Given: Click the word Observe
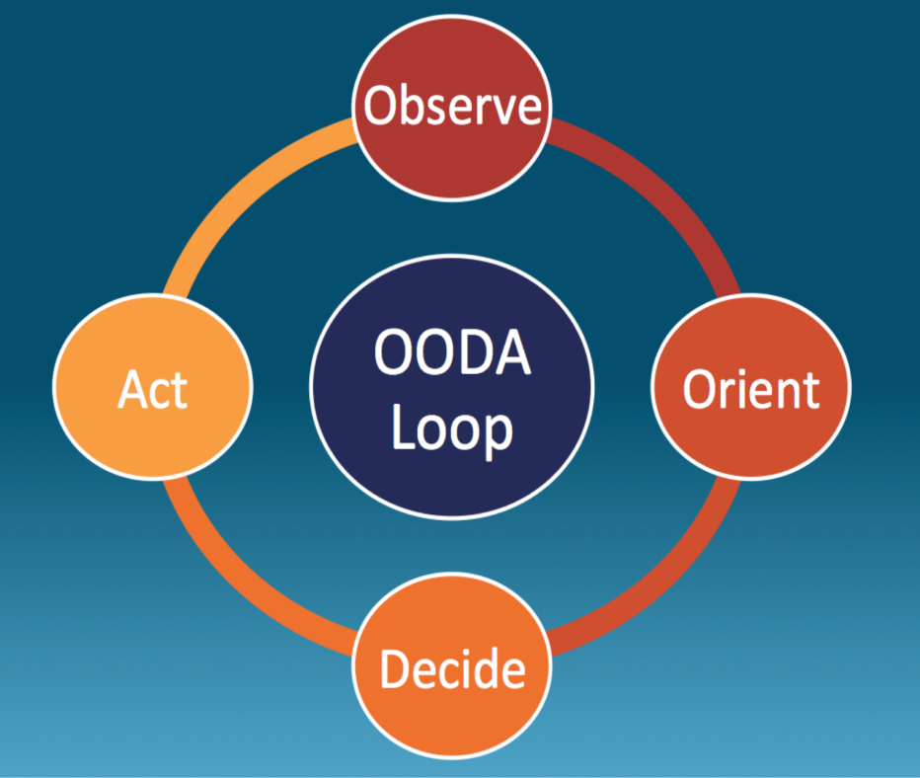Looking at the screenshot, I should tap(453, 107).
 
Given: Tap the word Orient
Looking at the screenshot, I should tap(751, 390).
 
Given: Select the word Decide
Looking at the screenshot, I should tap(452, 671).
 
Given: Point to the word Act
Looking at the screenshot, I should tap(153, 390).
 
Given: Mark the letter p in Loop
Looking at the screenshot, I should tap(498, 434).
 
